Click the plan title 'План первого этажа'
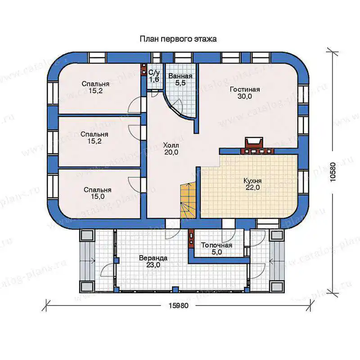click(x=178, y=39)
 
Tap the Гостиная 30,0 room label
click(x=245, y=93)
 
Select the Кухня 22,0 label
click(x=252, y=184)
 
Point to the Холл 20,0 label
click(x=171, y=149)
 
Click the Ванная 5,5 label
click(x=180, y=80)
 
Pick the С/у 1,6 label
click(x=154, y=76)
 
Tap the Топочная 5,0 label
click(x=216, y=249)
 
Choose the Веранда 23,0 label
click(x=153, y=261)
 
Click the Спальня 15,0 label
click(x=98, y=193)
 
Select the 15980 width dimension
click(x=178, y=306)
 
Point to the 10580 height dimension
click(x=333, y=172)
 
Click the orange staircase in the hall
click(x=188, y=199)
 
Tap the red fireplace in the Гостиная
click(x=254, y=143)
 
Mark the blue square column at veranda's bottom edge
click(x=175, y=289)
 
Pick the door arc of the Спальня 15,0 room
click(x=134, y=184)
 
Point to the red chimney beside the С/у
click(x=144, y=69)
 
